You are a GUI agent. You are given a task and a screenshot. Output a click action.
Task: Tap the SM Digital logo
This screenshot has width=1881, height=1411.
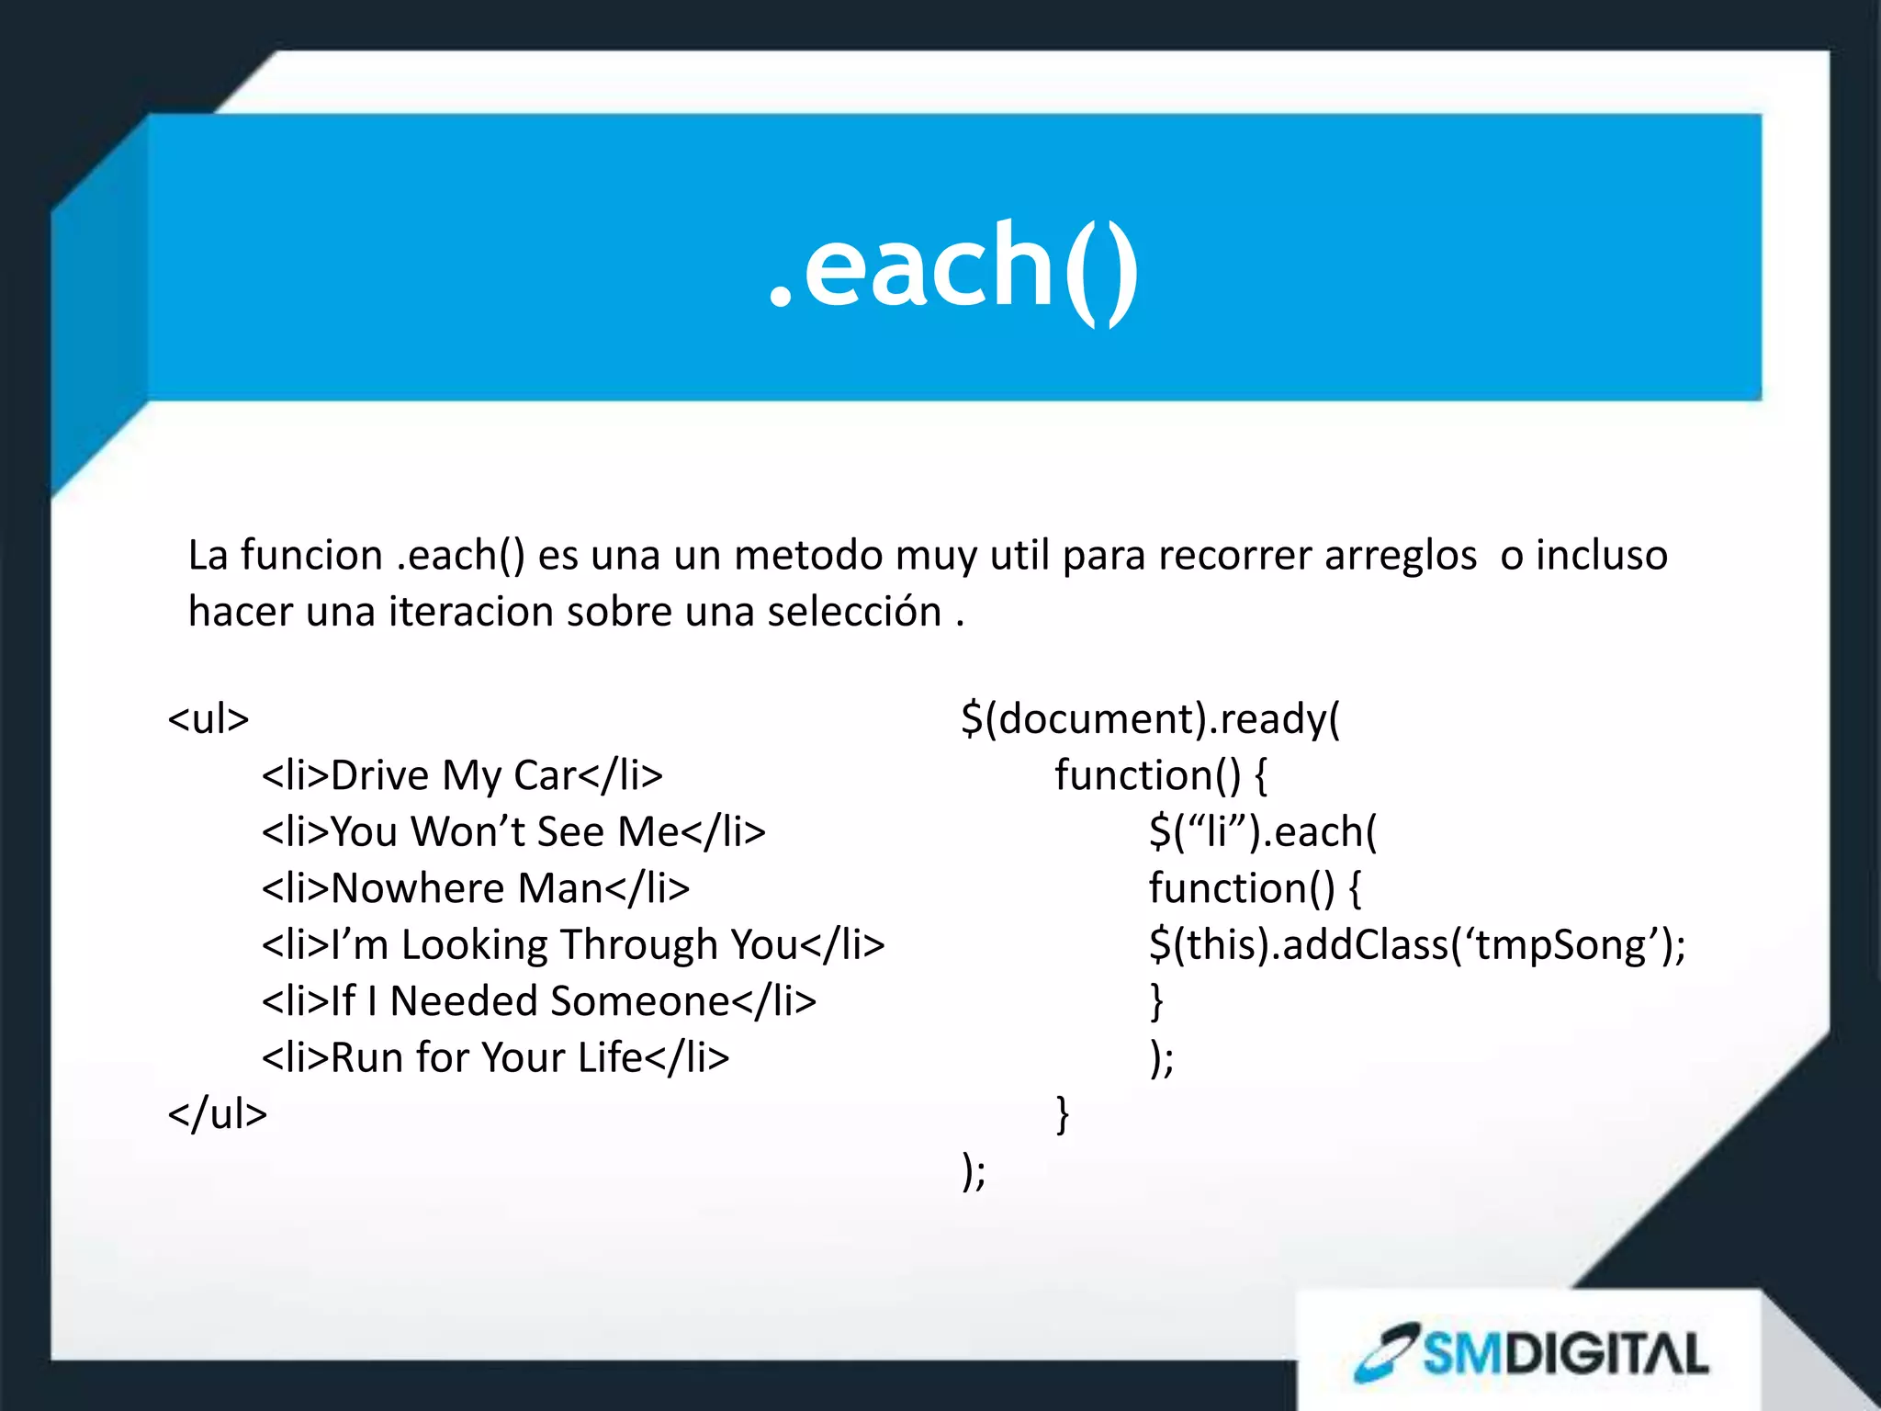[1532, 1353]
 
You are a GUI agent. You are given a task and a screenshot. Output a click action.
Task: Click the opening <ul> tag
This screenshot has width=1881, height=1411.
[208, 718]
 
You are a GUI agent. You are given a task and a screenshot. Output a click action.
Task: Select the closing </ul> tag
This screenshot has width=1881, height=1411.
[218, 1113]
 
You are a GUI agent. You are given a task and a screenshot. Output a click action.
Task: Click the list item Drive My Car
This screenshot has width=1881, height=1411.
[462, 775]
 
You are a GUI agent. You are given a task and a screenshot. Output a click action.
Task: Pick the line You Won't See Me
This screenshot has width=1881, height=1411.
[513, 832]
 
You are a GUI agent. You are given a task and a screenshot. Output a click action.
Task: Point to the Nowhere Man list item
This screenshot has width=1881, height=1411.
[476, 888]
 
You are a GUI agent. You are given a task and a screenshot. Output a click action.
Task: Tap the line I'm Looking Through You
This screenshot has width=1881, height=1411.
[573, 945]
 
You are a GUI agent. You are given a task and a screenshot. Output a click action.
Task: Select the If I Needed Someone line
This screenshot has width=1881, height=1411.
[539, 1001]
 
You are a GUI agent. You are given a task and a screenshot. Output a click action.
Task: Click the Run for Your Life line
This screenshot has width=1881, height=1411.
[496, 1057]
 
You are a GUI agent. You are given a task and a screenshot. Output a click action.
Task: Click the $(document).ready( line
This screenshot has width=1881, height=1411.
[1151, 718]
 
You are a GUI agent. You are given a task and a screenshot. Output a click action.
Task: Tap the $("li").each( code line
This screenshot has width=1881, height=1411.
[1263, 832]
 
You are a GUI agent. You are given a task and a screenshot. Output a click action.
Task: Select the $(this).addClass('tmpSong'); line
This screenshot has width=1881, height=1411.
[1417, 945]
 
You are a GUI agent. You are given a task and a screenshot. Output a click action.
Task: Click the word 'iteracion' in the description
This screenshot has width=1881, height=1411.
[471, 612]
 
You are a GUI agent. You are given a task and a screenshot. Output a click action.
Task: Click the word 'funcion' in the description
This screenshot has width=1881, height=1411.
[311, 556]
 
